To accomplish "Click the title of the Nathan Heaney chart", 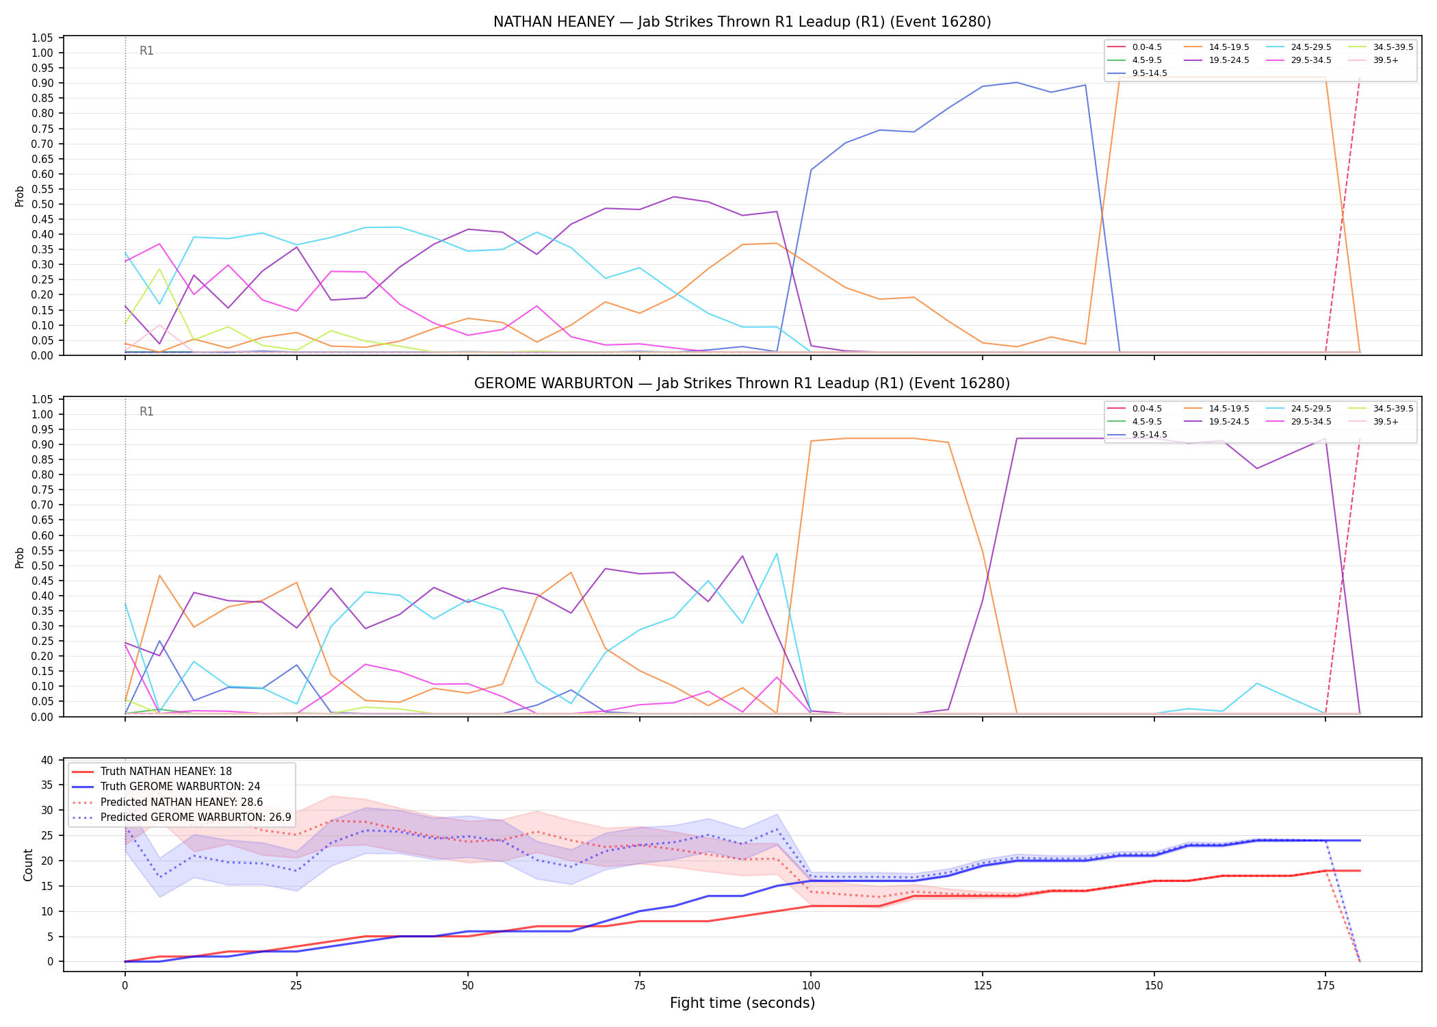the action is (x=742, y=22).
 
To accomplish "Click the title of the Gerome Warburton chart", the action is (x=742, y=383).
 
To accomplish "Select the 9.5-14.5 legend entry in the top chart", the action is (x=1137, y=73).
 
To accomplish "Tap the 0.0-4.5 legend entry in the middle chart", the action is (x=1135, y=409).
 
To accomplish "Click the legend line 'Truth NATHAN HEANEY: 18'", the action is (x=152, y=772).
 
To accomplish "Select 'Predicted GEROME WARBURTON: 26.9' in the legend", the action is (x=181, y=817).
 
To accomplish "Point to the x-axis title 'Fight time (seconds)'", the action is (x=742, y=1003).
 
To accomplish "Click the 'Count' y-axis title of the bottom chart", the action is (x=28, y=865).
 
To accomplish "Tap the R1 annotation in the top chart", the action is (x=146, y=51).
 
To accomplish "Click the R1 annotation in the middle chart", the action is (x=146, y=411).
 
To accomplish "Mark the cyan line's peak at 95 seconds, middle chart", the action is (x=777, y=553).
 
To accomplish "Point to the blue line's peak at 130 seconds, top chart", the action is (x=1016, y=82).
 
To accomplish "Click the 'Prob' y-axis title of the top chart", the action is (x=20, y=196).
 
